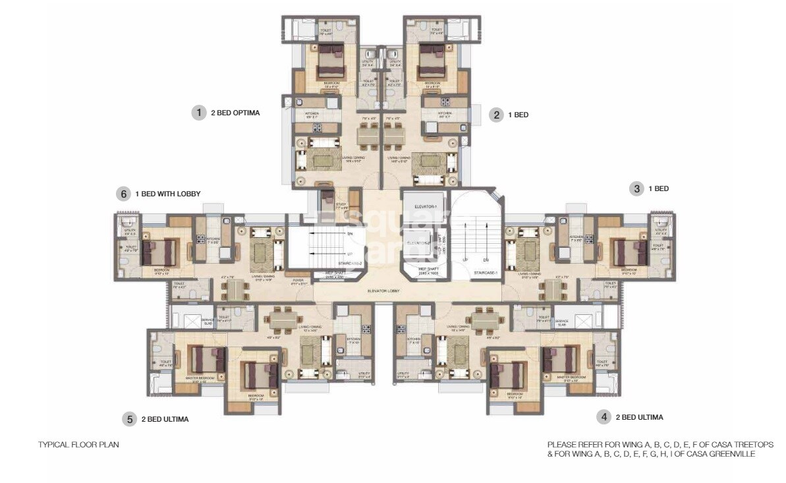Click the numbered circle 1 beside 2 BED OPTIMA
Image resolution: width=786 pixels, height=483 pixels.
click(x=199, y=113)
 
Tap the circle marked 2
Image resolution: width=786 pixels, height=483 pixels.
click(x=496, y=115)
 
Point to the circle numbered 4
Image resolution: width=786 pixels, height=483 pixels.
click(x=603, y=416)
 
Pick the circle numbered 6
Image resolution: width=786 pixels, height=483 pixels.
click(x=122, y=194)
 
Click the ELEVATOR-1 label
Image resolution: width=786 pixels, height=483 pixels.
click(x=425, y=206)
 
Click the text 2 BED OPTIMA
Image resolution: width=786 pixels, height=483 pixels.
click(x=235, y=113)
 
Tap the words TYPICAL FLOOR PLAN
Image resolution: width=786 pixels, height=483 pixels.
click(x=78, y=445)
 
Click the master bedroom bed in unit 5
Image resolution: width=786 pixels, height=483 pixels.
click(x=208, y=360)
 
